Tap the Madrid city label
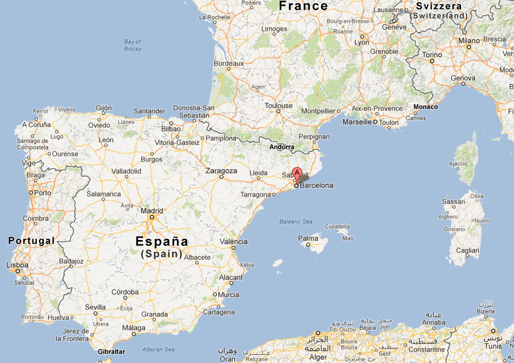tap(152, 211)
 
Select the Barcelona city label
tap(317, 185)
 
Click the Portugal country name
tap(31, 241)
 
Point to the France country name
tap(303, 6)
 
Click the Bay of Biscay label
tap(133, 45)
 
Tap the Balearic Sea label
tap(296, 222)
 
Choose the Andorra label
tap(282, 147)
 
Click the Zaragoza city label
tap(221, 171)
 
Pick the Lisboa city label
tap(17, 265)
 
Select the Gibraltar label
tap(111, 352)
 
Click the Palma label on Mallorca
tap(308, 238)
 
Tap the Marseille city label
tap(357, 122)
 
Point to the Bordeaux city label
tap(229, 63)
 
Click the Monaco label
tap(426, 107)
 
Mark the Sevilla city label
tap(95, 307)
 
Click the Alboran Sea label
tap(157, 349)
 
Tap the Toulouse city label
tap(279, 106)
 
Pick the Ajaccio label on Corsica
tap(458, 164)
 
